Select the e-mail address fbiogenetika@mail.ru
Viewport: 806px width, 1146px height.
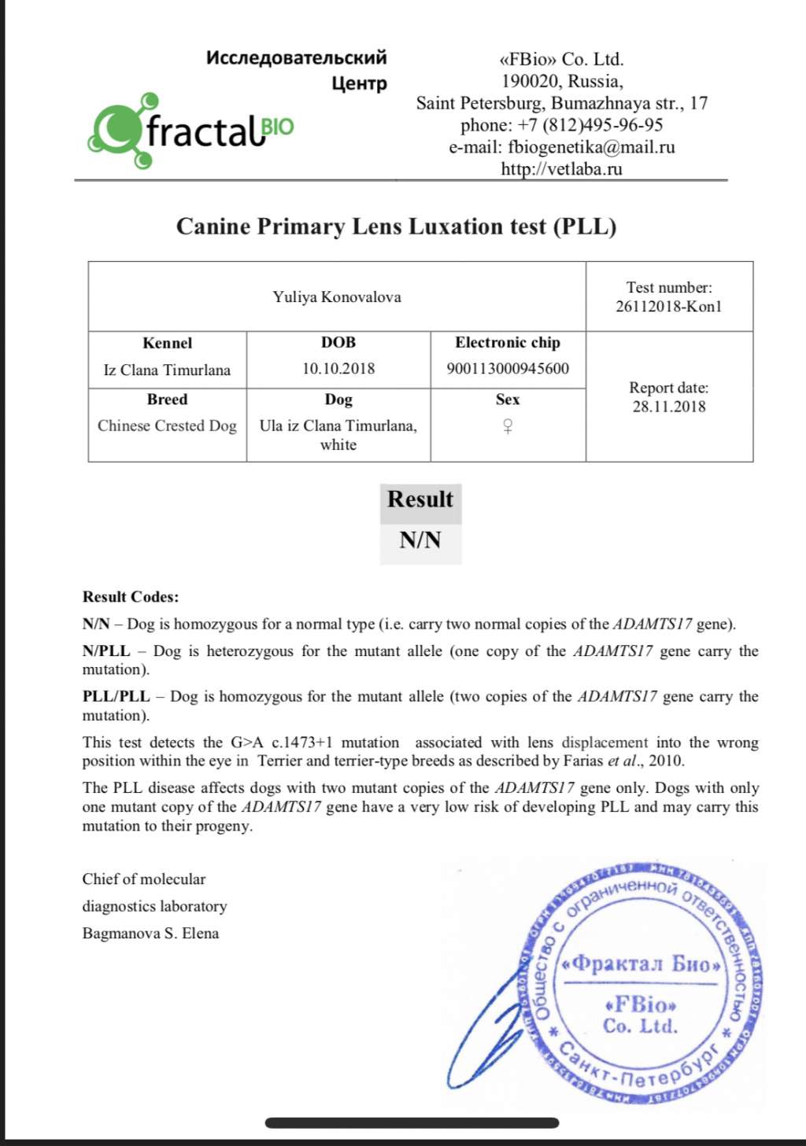591,147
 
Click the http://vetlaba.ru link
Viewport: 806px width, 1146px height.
561,169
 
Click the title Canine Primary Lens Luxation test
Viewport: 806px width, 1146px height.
396,227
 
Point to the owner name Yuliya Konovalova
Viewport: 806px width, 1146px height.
337,297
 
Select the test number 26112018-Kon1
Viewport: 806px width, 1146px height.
668,307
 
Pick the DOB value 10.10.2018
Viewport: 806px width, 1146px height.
338,369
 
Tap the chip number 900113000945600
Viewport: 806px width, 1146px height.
508,369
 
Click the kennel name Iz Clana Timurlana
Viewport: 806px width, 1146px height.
167,370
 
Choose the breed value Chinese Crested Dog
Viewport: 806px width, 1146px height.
167,426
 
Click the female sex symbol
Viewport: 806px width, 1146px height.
508,427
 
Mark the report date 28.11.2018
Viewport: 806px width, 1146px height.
669,407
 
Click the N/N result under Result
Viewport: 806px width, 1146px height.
420,540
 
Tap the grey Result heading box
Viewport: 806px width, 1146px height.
420,500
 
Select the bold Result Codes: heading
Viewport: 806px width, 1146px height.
131,597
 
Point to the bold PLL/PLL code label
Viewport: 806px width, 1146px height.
116,697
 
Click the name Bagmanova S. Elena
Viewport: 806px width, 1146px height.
150,934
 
